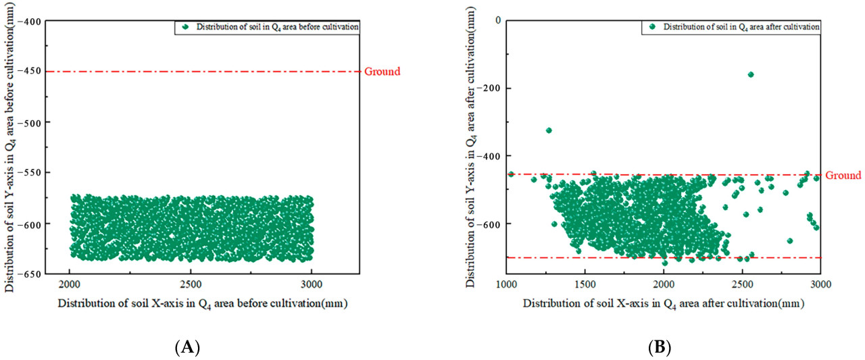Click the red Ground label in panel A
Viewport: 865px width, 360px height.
[x=382, y=72]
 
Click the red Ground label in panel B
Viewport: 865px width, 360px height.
[x=843, y=175]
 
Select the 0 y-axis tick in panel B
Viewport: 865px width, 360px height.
[x=497, y=20]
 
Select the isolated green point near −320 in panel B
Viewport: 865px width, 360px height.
[x=549, y=130]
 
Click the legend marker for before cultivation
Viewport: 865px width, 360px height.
[x=184, y=27]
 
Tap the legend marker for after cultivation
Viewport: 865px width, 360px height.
[x=652, y=26]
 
